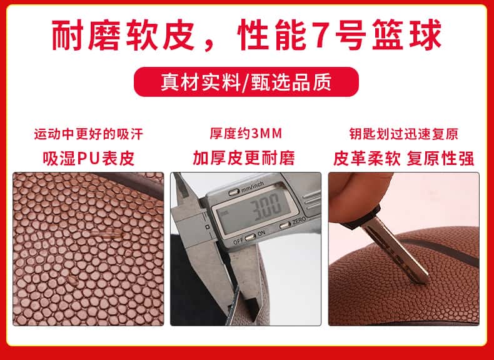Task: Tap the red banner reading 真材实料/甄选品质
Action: pyautogui.click(x=246, y=82)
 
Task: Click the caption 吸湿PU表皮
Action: pyautogui.click(x=89, y=158)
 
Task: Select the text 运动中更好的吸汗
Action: pyautogui.click(x=89, y=134)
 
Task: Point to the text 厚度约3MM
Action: pyautogui.click(x=246, y=134)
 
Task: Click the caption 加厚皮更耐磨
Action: pyautogui.click(x=244, y=158)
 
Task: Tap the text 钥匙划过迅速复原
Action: pyautogui.click(x=403, y=134)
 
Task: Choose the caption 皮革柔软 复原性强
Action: pyautogui.click(x=403, y=158)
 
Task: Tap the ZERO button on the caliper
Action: pyautogui.click(x=285, y=225)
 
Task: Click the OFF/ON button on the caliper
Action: pyautogui.click(x=250, y=237)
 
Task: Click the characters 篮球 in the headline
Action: pyautogui.click(x=407, y=35)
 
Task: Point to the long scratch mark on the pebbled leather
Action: pyautogui.click(x=108, y=234)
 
